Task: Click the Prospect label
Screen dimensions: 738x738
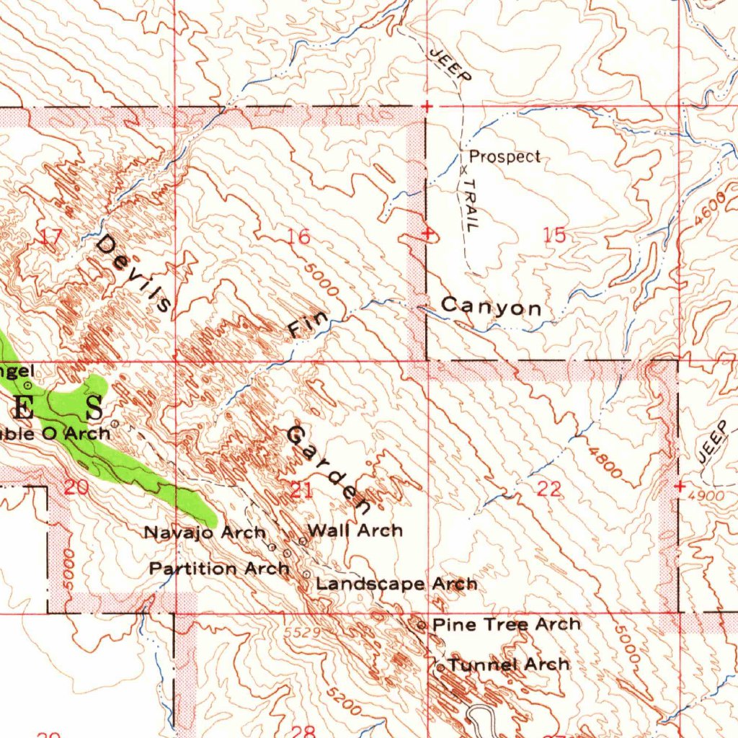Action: pyautogui.click(x=504, y=156)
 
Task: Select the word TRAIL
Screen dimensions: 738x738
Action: pyautogui.click(x=470, y=205)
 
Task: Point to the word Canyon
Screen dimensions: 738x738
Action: pyautogui.click(x=492, y=308)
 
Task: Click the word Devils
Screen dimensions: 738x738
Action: pyautogui.click(x=135, y=273)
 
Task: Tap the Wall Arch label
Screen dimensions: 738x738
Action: pyautogui.click(x=355, y=531)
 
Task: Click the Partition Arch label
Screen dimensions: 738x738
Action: pyautogui.click(x=219, y=568)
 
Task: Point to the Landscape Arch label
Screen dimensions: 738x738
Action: pyautogui.click(x=396, y=584)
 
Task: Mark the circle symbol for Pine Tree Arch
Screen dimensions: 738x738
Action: pyautogui.click(x=422, y=626)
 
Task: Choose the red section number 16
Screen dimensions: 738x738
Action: pyautogui.click(x=298, y=236)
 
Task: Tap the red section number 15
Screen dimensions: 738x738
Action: pyautogui.click(x=555, y=236)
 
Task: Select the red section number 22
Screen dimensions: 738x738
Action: pyautogui.click(x=549, y=489)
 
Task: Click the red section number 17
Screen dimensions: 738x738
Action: pyautogui.click(x=52, y=237)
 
